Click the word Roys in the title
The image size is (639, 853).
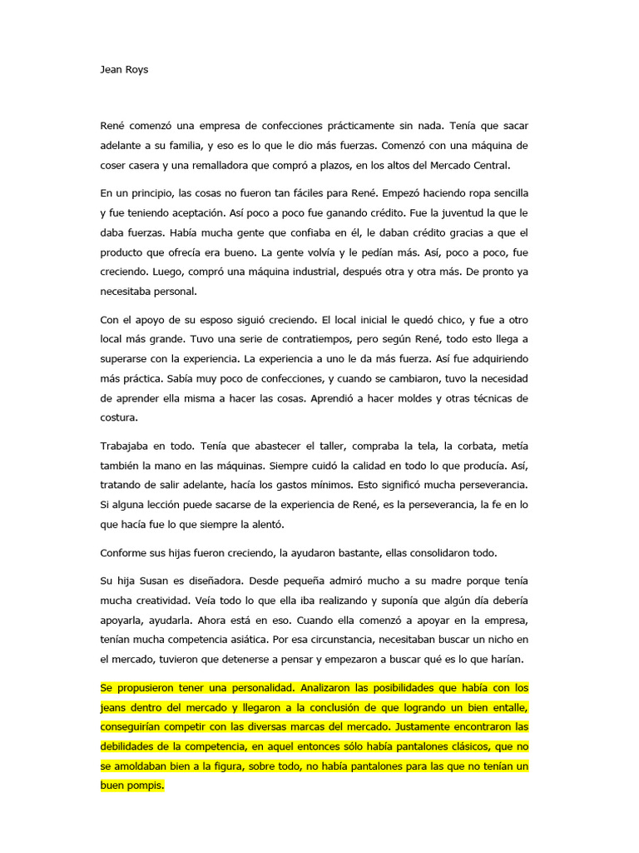[135, 70]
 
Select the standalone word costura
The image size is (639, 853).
[119, 417]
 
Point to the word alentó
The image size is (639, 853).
[265, 525]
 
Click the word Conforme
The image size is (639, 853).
[127, 553]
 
